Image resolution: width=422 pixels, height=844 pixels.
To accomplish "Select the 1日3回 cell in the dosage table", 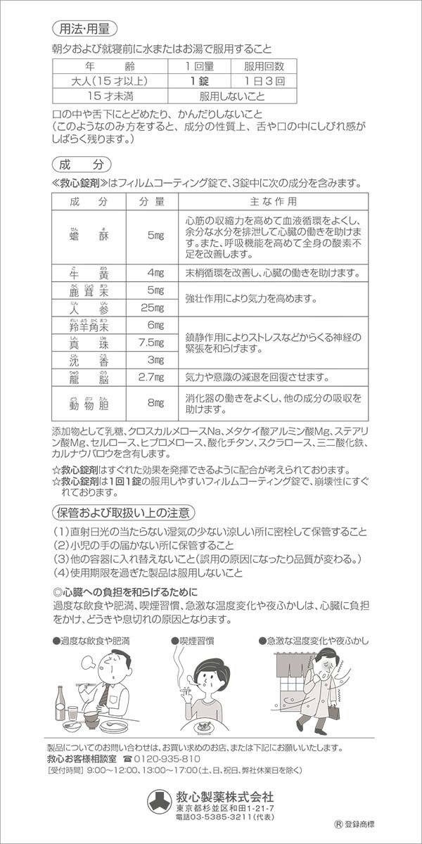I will click(x=264, y=82).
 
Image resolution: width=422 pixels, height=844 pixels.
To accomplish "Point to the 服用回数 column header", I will click(x=264, y=67).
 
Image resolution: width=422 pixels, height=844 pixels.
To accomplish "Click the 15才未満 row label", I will click(x=109, y=96).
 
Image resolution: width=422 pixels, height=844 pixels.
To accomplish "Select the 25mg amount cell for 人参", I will click(x=151, y=307).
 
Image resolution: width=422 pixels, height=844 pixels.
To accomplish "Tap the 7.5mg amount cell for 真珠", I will click(x=151, y=343).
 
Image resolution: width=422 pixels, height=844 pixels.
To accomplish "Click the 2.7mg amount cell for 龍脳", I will click(x=151, y=378).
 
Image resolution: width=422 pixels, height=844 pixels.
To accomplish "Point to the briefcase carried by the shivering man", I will click(x=333, y=712).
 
